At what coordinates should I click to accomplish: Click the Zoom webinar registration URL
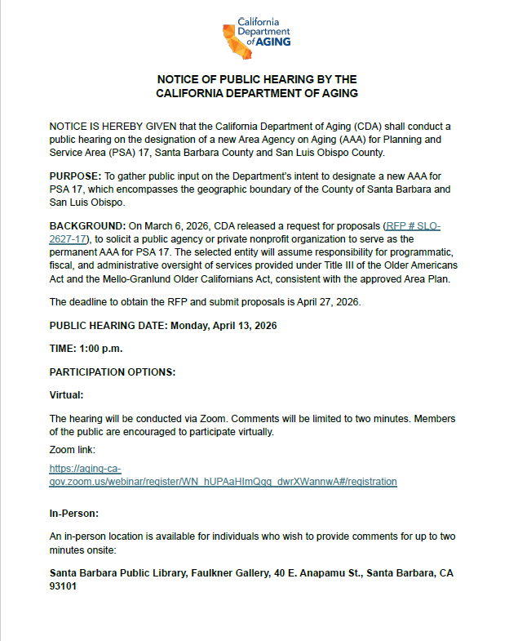pos(223,482)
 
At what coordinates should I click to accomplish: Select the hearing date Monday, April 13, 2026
pos(224,326)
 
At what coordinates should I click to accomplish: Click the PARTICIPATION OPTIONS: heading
pos(113,372)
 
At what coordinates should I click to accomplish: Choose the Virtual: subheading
pos(67,395)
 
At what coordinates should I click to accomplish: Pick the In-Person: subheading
pos(74,514)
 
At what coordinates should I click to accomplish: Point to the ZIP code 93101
pos(64,586)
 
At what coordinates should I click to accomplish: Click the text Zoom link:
pos(73,449)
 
